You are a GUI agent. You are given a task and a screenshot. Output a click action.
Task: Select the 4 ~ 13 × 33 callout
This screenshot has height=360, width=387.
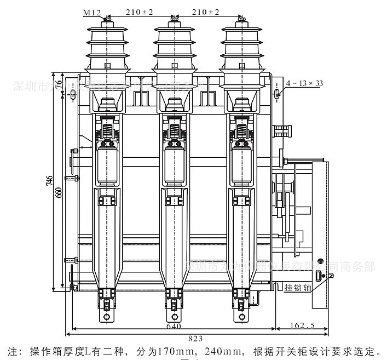[x=304, y=83]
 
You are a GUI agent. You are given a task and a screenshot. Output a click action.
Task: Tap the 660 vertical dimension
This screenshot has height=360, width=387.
[x=60, y=192]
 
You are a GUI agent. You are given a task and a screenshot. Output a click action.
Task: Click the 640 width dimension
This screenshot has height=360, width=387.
[x=174, y=327]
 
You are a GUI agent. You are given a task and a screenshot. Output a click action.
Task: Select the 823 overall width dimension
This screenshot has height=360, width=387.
[x=196, y=338]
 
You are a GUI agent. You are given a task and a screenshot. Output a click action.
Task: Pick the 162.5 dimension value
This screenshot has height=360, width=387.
[x=302, y=326]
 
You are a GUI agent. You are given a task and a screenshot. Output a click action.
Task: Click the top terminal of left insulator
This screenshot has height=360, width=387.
[x=106, y=20]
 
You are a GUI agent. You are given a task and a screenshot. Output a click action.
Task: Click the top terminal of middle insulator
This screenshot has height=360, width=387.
[x=174, y=20]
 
